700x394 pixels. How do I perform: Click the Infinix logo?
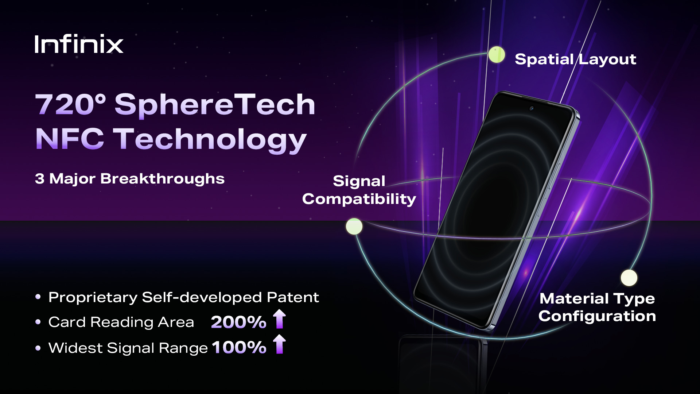79,44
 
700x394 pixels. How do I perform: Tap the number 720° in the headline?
70,104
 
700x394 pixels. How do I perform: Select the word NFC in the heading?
70,139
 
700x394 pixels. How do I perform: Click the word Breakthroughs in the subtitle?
162,179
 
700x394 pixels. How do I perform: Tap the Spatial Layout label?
575,59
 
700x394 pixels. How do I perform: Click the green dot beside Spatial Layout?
497,55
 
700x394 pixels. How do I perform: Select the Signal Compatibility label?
359,190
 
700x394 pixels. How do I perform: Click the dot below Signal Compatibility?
354,226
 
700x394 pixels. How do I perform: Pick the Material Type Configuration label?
597,307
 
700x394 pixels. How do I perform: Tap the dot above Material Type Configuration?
629,278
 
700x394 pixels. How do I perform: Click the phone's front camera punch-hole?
532,109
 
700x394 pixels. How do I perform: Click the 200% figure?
239,322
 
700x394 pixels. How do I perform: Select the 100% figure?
239,347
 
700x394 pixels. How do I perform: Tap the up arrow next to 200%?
279,319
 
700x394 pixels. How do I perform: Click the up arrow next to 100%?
279,344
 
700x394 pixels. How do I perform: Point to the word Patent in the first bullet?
293,297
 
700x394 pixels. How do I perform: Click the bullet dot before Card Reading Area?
38,322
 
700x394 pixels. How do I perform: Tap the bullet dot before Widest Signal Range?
38,348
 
